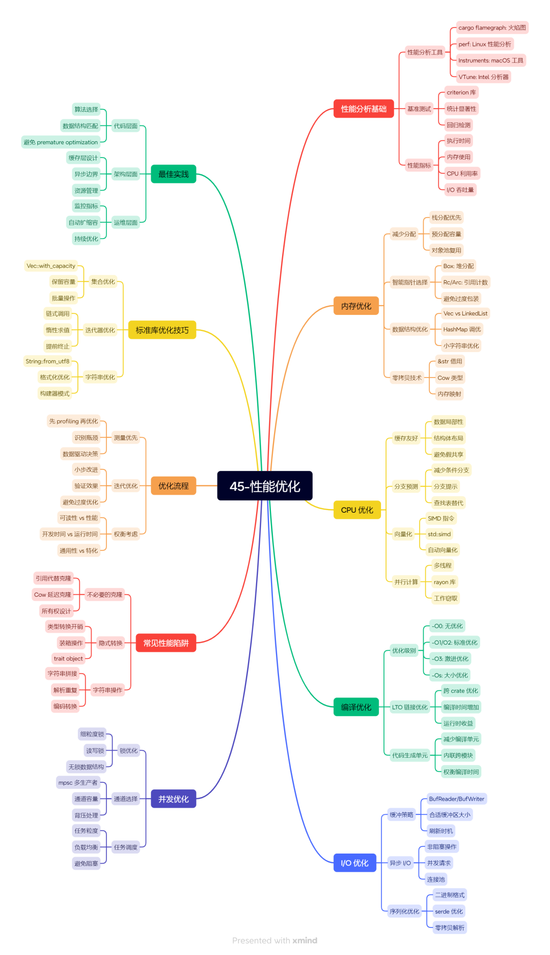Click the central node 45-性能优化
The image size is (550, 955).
tap(265, 486)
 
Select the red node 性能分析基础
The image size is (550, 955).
tap(364, 109)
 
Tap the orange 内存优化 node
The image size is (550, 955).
tap(356, 306)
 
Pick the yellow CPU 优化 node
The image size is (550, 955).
tap(357, 510)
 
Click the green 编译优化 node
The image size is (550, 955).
tap(356, 707)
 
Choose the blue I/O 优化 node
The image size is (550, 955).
tap(354, 863)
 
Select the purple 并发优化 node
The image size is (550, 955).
tap(173, 799)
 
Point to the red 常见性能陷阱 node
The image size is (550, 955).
tap(166, 643)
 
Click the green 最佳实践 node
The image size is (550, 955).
tap(173, 174)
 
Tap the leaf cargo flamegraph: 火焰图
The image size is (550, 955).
tap(492, 28)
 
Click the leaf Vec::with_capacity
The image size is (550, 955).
tap(51, 266)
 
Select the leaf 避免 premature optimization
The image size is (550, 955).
tap(61, 142)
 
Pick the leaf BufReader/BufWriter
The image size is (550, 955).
tap(456, 799)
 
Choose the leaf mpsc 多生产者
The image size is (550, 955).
tap(78, 782)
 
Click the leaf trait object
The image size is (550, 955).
tap(68, 658)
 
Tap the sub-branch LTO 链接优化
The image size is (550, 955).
tap(409, 707)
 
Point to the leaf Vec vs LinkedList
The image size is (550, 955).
tap(465, 313)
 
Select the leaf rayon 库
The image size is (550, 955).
tap(445, 582)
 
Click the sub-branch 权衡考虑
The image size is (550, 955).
tap(126, 534)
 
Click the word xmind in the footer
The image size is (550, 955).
tap(305, 940)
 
